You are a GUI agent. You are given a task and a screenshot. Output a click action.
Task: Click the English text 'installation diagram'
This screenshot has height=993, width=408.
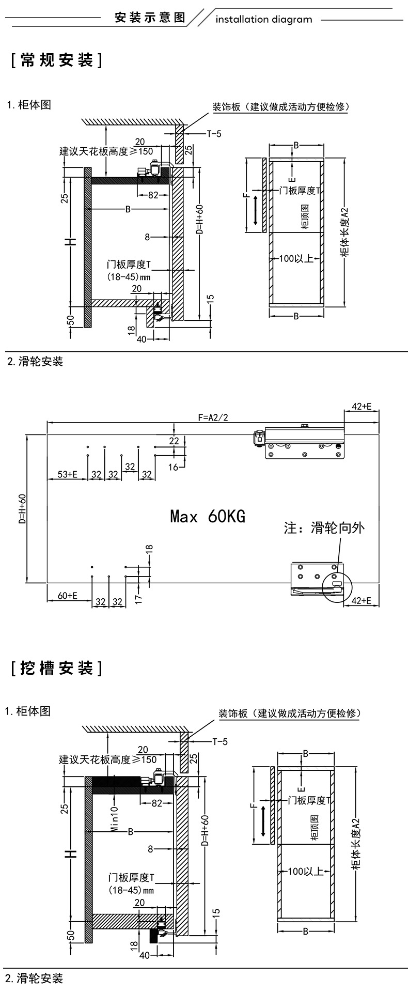263,20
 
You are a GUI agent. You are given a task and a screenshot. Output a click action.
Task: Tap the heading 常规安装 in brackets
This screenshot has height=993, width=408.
56,61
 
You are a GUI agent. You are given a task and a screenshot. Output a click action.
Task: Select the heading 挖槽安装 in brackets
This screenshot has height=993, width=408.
56,669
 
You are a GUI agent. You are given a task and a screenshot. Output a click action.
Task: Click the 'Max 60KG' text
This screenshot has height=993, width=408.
208,516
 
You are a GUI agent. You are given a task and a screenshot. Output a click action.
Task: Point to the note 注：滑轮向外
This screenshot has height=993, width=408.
324,528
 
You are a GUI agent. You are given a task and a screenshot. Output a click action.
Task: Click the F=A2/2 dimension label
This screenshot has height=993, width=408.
212,417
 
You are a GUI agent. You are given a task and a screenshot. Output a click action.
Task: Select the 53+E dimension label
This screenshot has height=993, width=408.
67,474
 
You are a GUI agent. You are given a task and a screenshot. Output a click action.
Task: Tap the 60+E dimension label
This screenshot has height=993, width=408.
67,595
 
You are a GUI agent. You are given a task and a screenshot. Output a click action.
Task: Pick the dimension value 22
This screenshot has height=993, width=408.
174,440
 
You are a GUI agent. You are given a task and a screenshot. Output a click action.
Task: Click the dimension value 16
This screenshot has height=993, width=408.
173,467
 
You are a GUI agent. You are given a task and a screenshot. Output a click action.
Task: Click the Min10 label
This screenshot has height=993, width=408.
115,819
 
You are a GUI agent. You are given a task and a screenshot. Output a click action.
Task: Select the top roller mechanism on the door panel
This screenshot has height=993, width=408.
299,442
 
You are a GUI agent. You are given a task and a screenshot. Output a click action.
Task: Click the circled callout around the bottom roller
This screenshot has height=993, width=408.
336,586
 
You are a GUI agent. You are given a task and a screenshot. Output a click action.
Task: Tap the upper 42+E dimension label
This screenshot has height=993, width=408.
362,407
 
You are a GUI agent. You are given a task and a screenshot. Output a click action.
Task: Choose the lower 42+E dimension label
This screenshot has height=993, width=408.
362,600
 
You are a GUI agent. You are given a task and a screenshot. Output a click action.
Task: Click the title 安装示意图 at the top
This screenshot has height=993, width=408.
150,18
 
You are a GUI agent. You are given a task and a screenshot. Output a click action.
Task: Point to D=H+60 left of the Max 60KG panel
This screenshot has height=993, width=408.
22,509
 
